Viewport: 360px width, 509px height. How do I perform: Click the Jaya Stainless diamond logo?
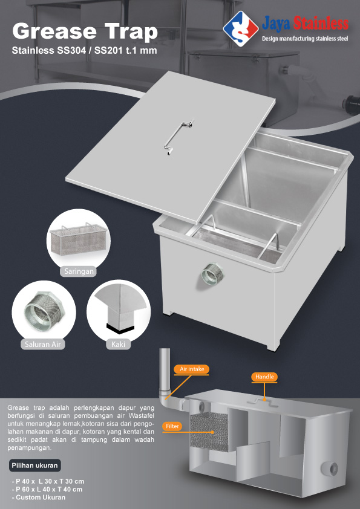coord(241,28)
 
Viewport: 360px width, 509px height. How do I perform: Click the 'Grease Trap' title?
coord(85,32)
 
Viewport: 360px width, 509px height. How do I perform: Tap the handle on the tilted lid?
coord(178,137)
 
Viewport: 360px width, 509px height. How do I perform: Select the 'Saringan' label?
coord(78,271)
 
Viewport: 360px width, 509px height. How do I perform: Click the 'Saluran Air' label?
coord(43,344)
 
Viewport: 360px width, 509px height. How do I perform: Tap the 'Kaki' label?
coord(118,344)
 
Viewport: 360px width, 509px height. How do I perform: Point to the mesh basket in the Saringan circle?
coord(78,239)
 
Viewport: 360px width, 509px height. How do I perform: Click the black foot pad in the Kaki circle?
coord(120,328)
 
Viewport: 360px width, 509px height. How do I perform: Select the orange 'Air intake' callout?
coord(192,369)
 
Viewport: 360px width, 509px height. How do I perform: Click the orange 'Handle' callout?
coord(264,377)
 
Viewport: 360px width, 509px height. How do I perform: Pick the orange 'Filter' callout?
coord(172,426)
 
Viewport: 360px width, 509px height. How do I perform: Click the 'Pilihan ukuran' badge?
coord(34,465)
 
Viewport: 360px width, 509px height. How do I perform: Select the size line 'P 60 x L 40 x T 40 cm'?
coord(47,489)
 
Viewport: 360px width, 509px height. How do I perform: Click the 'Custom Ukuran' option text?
coord(38,498)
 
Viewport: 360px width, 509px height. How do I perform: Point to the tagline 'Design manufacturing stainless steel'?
coord(305,39)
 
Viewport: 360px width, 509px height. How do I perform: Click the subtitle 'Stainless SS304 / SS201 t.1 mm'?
coord(85,51)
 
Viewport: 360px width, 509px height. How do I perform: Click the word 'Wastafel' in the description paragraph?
coord(142,415)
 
